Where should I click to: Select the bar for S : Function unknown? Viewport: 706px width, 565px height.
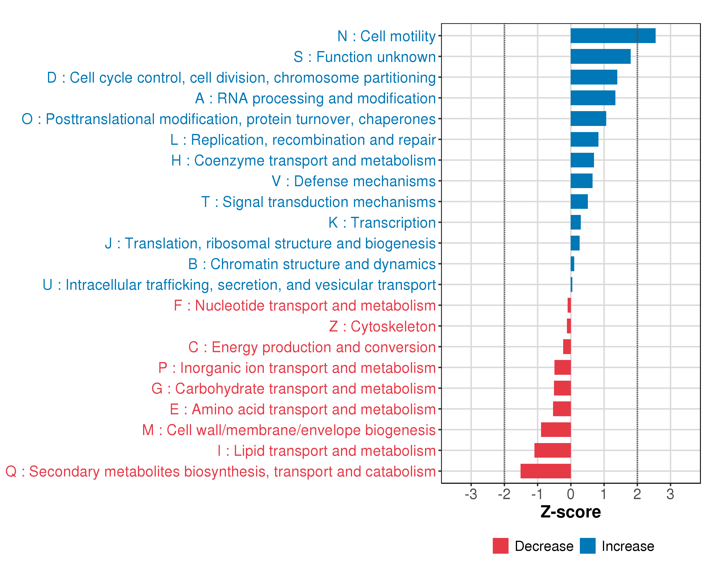click(x=600, y=56)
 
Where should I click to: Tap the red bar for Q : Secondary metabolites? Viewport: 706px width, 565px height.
click(x=546, y=471)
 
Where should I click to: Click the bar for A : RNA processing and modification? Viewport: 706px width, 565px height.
click(x=593, y=98)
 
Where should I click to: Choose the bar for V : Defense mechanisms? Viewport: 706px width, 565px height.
click(x=581, y=181)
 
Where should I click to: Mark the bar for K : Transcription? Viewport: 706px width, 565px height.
click(x=575, y=222)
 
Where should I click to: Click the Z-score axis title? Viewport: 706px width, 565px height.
click(x=570, y=512)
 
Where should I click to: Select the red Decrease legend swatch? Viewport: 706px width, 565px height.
click(x=500, y=546)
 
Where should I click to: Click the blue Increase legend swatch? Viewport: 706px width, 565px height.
click(x=587, y=546)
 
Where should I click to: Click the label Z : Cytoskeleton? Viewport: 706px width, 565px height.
click(x=382, y=327)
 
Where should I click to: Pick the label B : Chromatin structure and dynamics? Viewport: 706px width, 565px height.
click(x=312, y=264)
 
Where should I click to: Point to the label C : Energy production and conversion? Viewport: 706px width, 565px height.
click(x=312, y=347)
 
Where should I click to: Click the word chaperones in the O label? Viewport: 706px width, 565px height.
click(x=397, y=119)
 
